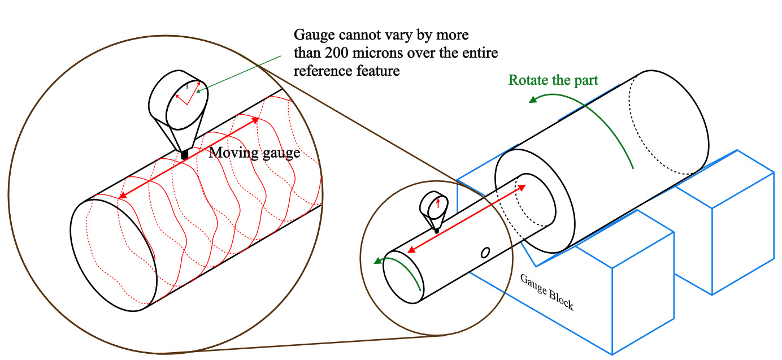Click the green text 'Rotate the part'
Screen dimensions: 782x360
tap(553, 80)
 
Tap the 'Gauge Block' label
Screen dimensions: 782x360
tap(547, 292)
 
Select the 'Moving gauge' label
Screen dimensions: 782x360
tap(254, 153)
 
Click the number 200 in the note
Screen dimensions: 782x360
tap(337, 53)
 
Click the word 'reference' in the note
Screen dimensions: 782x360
tap(323, 71)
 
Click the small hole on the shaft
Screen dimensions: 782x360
tap(485, 253)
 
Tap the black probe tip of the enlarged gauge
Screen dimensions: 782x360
tap(184, 155)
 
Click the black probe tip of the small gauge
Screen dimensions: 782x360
tap(436, 231)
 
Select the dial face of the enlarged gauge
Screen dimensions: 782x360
tap(187, 105)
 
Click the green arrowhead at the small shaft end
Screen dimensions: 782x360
tap(377, 261)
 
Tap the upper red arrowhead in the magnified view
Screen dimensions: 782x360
tap(255, 120)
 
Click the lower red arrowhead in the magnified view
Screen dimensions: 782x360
tap(122, 196)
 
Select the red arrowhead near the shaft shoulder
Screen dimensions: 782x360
tap(522, 188)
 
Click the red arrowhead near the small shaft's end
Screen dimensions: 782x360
tap(411, 250)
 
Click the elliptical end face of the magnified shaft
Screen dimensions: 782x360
tap(114, 255)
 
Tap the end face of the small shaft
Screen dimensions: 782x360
tap(403, 277)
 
